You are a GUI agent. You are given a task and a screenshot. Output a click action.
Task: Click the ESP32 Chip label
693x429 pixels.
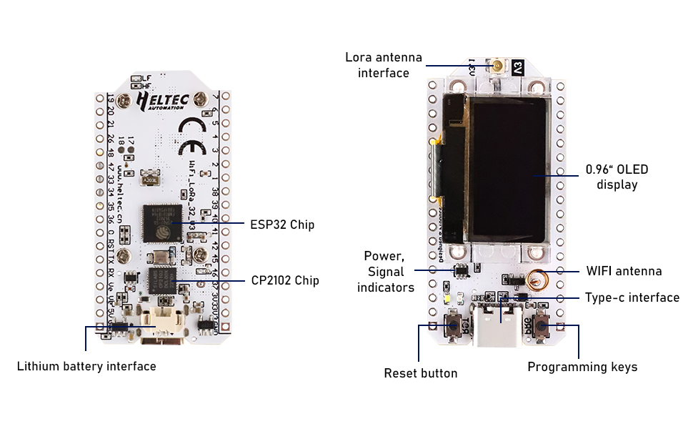coord(282,225)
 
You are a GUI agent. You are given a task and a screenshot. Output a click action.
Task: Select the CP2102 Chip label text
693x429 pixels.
coord(285,281)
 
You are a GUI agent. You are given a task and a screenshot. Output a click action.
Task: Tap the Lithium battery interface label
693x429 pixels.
coord(86,367)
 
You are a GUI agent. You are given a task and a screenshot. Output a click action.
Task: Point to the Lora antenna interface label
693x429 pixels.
coord(384,65)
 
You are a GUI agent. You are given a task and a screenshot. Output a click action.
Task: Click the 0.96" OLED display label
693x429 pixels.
coord(617,177)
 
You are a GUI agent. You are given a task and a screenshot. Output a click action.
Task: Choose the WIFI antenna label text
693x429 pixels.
coord(624,271)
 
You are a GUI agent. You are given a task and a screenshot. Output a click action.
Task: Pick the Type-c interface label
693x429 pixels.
coord(632,297)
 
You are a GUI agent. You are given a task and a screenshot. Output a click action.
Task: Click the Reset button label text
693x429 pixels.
coord(421,373)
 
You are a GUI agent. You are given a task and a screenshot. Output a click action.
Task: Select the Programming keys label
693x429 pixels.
coord(582,367)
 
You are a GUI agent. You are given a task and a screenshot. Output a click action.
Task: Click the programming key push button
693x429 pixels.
coord(542,327)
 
